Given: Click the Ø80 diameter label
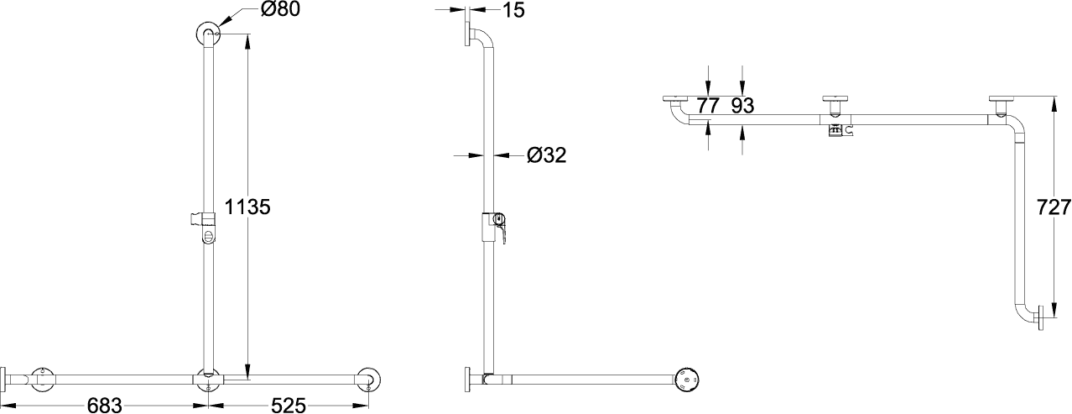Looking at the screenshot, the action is pos(280,9).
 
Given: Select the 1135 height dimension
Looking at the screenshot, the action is pos(247,207).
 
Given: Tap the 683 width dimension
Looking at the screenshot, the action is pos(104,406).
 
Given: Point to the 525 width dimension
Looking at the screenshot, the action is pos(288,406).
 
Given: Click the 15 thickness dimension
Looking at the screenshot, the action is pos(514,9).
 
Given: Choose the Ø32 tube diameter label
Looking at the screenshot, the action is pos(547,155).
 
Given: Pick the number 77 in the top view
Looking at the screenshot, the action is pos(708,106).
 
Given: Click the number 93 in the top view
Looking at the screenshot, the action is pos(742,106).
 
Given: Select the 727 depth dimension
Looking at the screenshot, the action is pos(1054,207).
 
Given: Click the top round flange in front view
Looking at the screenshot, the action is pos(208,34).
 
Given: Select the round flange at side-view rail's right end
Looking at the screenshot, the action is pos(686,380).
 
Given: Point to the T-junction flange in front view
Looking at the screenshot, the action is pos(208,380).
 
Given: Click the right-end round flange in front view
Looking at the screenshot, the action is pos(368,380).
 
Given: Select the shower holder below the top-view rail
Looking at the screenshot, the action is pos(839,130).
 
